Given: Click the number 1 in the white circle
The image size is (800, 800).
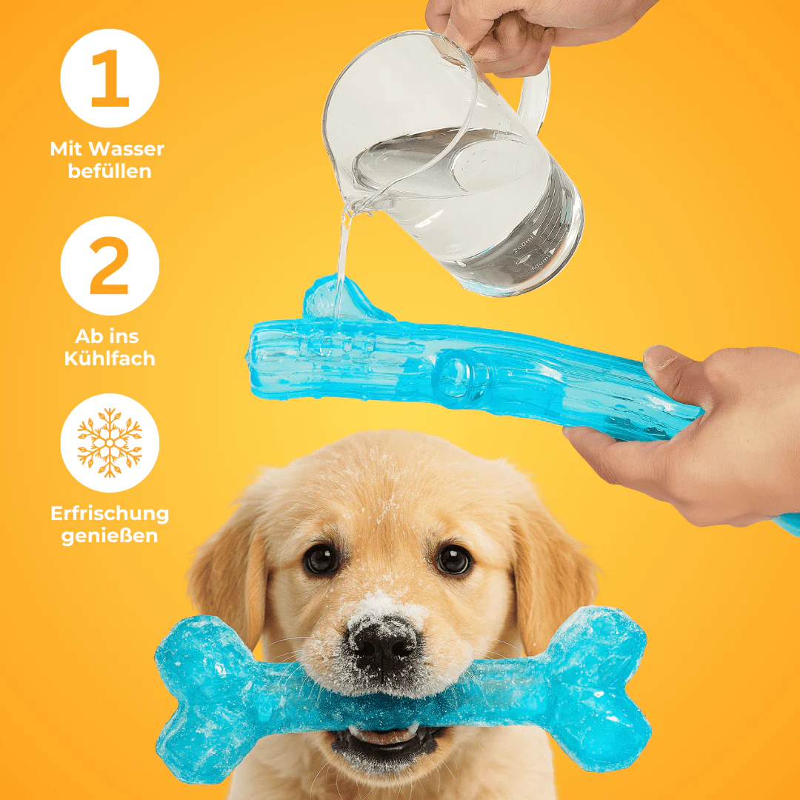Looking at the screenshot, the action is click(x=110, y=78).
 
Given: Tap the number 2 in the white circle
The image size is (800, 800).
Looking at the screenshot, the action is click(x=109, y=265).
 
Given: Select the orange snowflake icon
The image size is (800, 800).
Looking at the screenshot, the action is click(x=110, y=443).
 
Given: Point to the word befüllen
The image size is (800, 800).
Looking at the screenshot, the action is click(x=110, y=171).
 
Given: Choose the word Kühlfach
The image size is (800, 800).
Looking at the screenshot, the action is click(x=110, y=359).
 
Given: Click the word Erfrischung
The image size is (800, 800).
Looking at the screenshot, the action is click(x=110, y=513).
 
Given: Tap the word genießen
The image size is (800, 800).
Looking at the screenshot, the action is click(x=110, y=536).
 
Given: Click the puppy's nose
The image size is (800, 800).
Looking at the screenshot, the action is click(x=383, y=644).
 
